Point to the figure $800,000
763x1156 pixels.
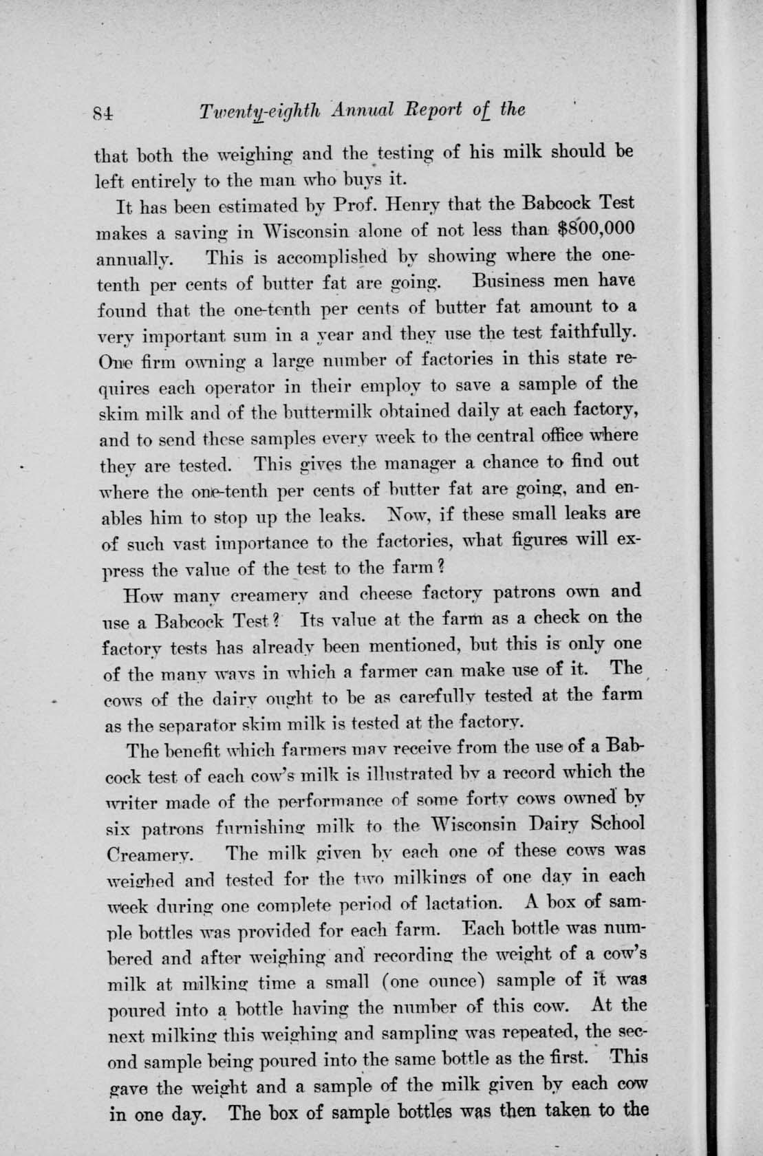(597, 229)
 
